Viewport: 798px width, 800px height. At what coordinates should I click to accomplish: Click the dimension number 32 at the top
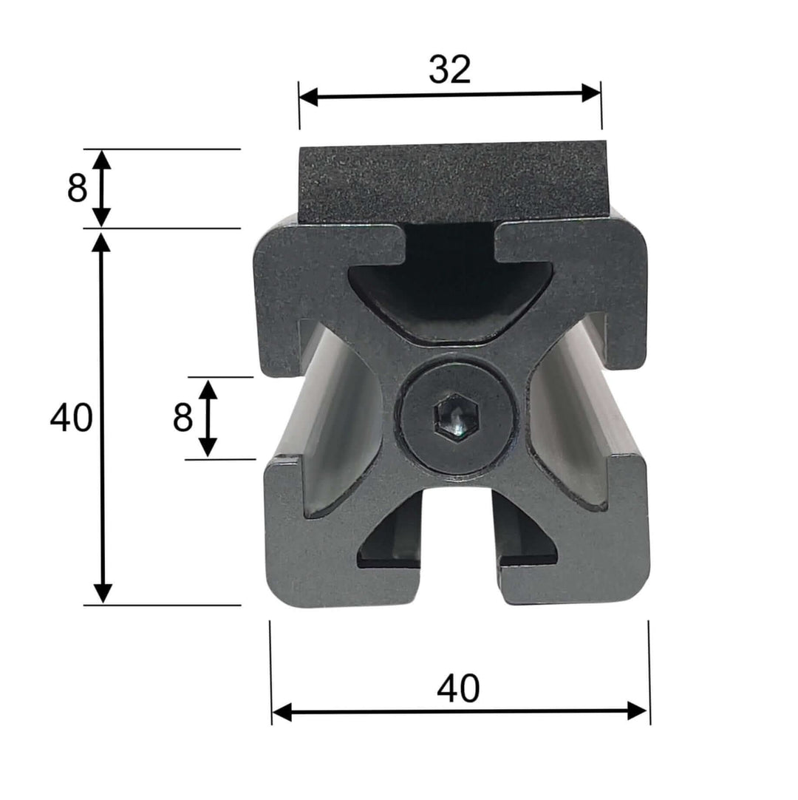click(449, 70)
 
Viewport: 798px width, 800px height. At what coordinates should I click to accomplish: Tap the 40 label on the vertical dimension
click(72, 419)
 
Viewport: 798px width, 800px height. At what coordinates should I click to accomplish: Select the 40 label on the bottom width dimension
click(458, 689)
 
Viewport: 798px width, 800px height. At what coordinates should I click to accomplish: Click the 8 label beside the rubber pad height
click(77, 189)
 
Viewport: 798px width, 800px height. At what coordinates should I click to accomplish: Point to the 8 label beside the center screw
click(183, 418)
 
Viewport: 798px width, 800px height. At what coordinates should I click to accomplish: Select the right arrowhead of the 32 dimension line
click(592, 93)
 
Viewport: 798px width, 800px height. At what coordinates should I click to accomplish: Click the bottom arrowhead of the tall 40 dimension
click(103, 592)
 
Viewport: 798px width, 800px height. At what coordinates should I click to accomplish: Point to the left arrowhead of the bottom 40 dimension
click(282, 713)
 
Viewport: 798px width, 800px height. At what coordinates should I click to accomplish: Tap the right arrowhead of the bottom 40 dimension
click(638, 711)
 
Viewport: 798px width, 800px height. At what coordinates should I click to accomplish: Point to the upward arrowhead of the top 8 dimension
click(102, 159)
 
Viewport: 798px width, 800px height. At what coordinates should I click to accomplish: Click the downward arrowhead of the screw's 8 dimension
click(208, 446)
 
